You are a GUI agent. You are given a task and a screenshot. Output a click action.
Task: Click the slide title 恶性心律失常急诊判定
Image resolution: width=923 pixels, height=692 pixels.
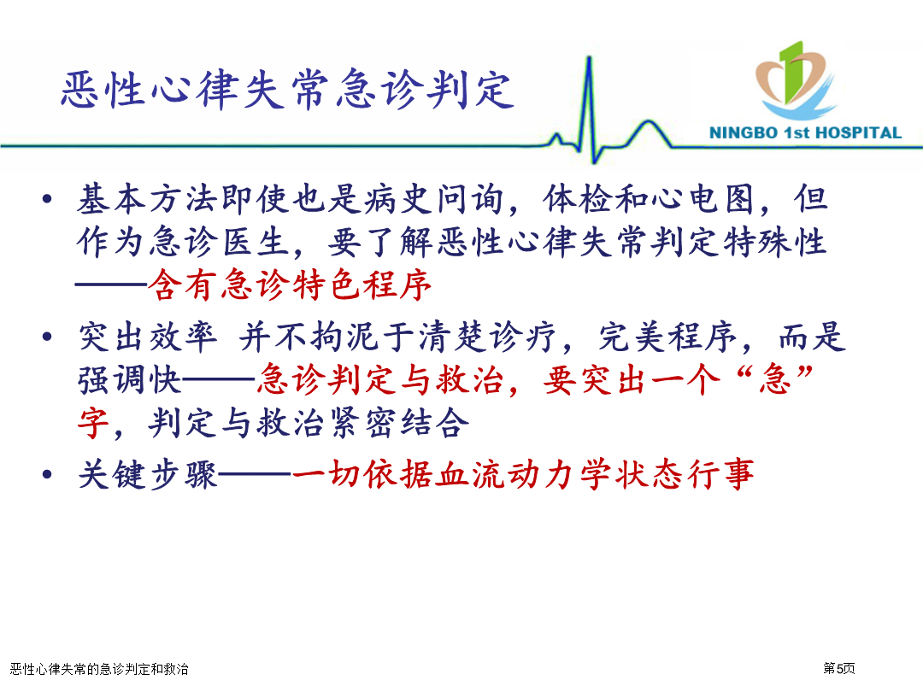pyautogui.click(x=288, y=90)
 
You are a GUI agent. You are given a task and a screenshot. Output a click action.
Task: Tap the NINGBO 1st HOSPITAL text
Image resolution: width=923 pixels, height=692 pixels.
pyautogui.click(x=805, y=133)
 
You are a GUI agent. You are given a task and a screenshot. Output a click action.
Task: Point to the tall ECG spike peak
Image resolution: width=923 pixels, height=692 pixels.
pyautogui.click(x=589, y=58)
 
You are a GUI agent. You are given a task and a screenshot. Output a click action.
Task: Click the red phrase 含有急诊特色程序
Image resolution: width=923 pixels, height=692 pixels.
pyautogui.click(x=289, y=285)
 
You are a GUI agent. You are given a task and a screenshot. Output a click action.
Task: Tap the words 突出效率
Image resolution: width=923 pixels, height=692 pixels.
pyautogui.click(x=148, y=337)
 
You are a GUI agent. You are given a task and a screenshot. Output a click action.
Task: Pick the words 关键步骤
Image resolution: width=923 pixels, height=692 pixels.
pyautogui.click(x=148, y=474)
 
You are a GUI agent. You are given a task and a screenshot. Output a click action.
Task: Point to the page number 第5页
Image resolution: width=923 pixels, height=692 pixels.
pyautogui.click(x=839, y=668)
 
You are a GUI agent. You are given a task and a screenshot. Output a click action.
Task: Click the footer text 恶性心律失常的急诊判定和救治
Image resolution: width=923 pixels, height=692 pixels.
pyautogui.click(x=99, y=669)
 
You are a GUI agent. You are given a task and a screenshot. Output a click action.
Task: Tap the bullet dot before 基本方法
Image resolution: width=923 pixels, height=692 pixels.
pyautogui.click(x=48, y=199)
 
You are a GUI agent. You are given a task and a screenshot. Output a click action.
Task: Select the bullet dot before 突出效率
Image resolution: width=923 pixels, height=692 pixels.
pyautogui.click(x=48, y=337)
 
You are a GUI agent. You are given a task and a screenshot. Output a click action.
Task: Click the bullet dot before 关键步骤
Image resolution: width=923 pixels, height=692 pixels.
pyautogui.click(x=48, y=474)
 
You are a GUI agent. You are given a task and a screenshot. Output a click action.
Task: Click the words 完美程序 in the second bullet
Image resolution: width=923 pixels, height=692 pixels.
pyautogui.click(x=668, y=337)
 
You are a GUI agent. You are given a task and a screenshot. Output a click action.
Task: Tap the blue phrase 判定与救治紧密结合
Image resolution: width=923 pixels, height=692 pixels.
pyautogui.click(x=309, y=423)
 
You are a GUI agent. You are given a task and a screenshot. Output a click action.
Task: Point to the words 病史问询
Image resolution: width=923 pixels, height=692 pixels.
pyautogui.click(x=434, y=199)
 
